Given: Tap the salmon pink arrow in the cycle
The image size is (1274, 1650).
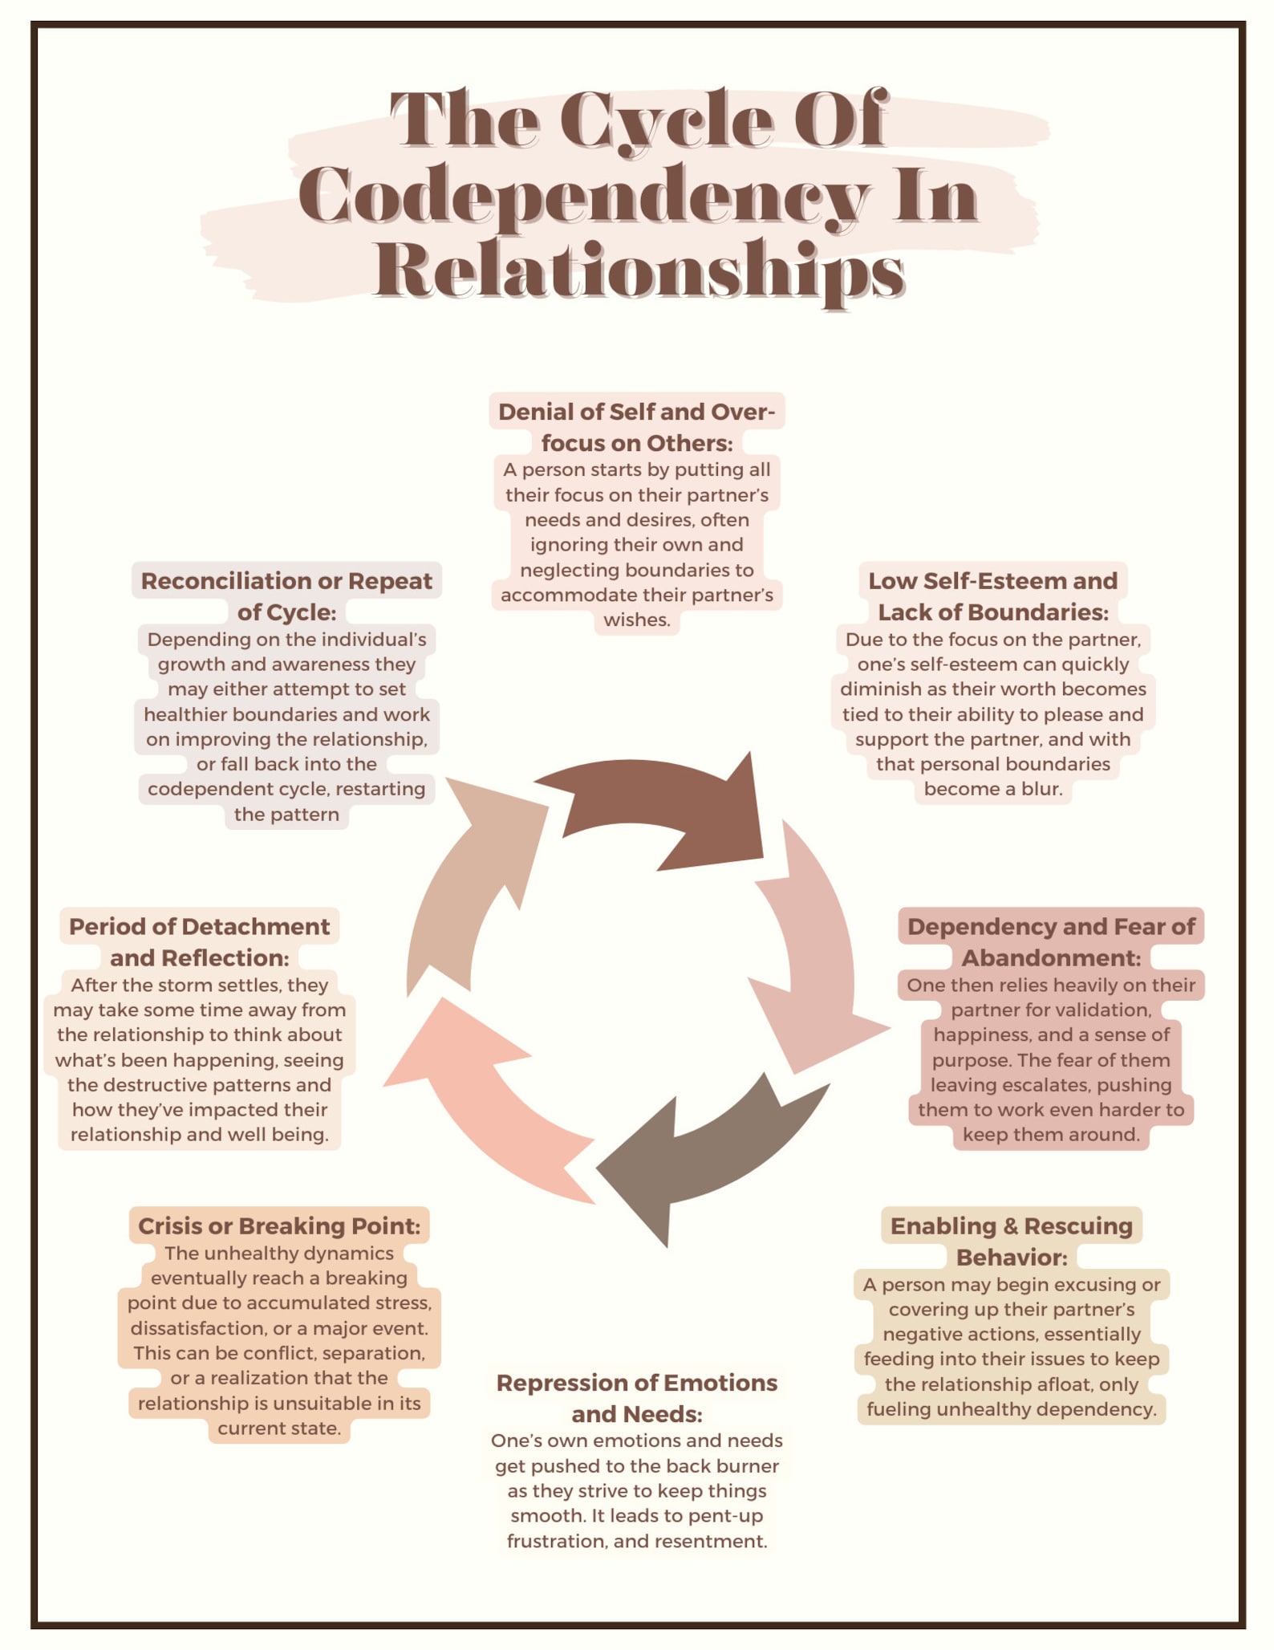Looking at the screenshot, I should pyautogui.click(x=481, y=1099).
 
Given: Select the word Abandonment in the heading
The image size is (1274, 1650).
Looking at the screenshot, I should pyautogui.click(x=1051, y=957).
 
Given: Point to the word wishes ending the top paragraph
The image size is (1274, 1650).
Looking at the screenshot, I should pyautogui.click(x=636, y=620).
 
